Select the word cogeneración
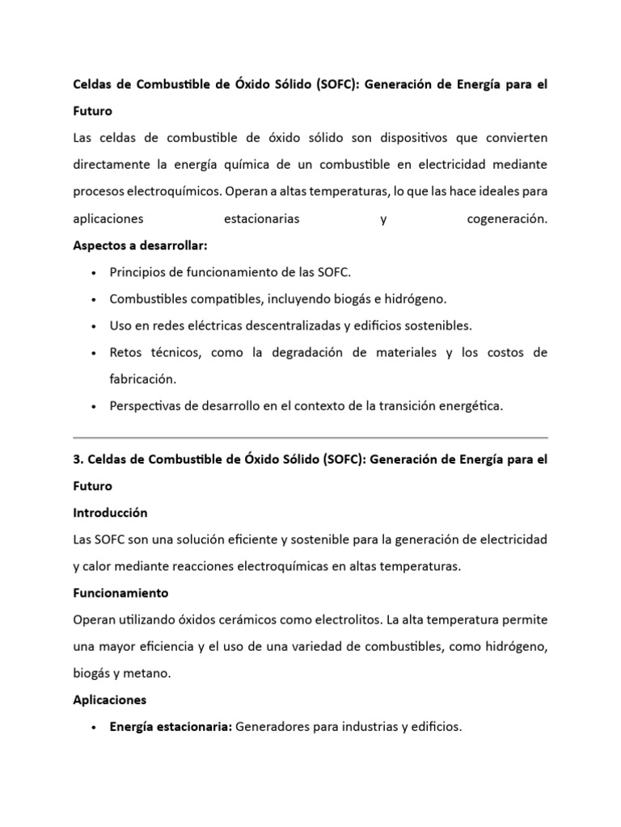click(x=507, y=219)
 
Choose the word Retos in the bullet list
click(x=125, y=353)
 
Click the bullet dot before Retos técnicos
click(x=95, y=354)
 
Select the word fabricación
click(x=143, y=380)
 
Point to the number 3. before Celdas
click(x=78, y=460)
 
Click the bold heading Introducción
click(x=110, y=513)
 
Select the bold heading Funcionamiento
click(x=120, y=593)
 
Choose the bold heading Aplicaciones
click(x=110, y=699)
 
